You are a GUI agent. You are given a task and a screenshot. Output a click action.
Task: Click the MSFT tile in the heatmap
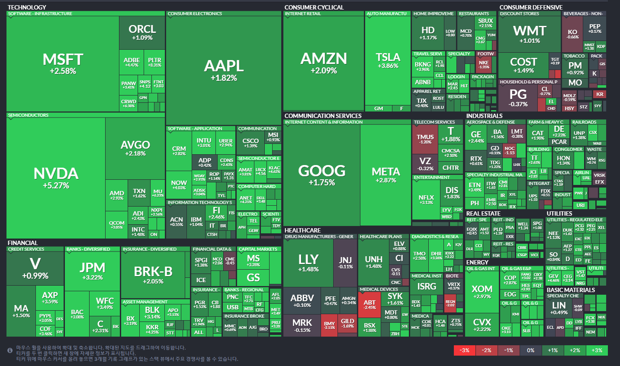63,64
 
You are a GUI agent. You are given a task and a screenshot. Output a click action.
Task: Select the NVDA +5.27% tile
56,178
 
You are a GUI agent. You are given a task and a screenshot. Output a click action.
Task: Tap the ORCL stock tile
142,32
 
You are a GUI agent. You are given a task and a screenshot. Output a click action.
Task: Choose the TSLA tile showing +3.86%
388,60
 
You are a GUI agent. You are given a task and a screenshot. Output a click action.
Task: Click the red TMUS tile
425,139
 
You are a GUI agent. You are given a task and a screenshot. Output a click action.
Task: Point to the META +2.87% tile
385,175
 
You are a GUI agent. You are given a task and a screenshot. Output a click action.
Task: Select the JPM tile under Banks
92,271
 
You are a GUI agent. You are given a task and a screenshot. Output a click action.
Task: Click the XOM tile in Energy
482,292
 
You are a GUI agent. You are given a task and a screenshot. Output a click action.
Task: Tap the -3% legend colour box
464,350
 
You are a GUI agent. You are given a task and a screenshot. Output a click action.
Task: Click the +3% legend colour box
597,350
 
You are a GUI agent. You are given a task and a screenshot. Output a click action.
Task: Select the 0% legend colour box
530,350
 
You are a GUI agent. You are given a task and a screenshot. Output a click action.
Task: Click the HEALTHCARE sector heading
302,230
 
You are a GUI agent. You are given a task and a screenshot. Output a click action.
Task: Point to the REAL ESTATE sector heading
483,213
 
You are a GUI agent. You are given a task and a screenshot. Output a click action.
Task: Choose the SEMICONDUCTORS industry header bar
29,115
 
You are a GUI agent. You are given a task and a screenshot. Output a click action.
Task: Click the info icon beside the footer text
10,350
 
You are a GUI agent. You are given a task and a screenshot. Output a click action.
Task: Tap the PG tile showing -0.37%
518,97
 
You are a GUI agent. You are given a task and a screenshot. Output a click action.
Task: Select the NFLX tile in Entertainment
426,200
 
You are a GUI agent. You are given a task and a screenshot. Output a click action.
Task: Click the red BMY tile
329,325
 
